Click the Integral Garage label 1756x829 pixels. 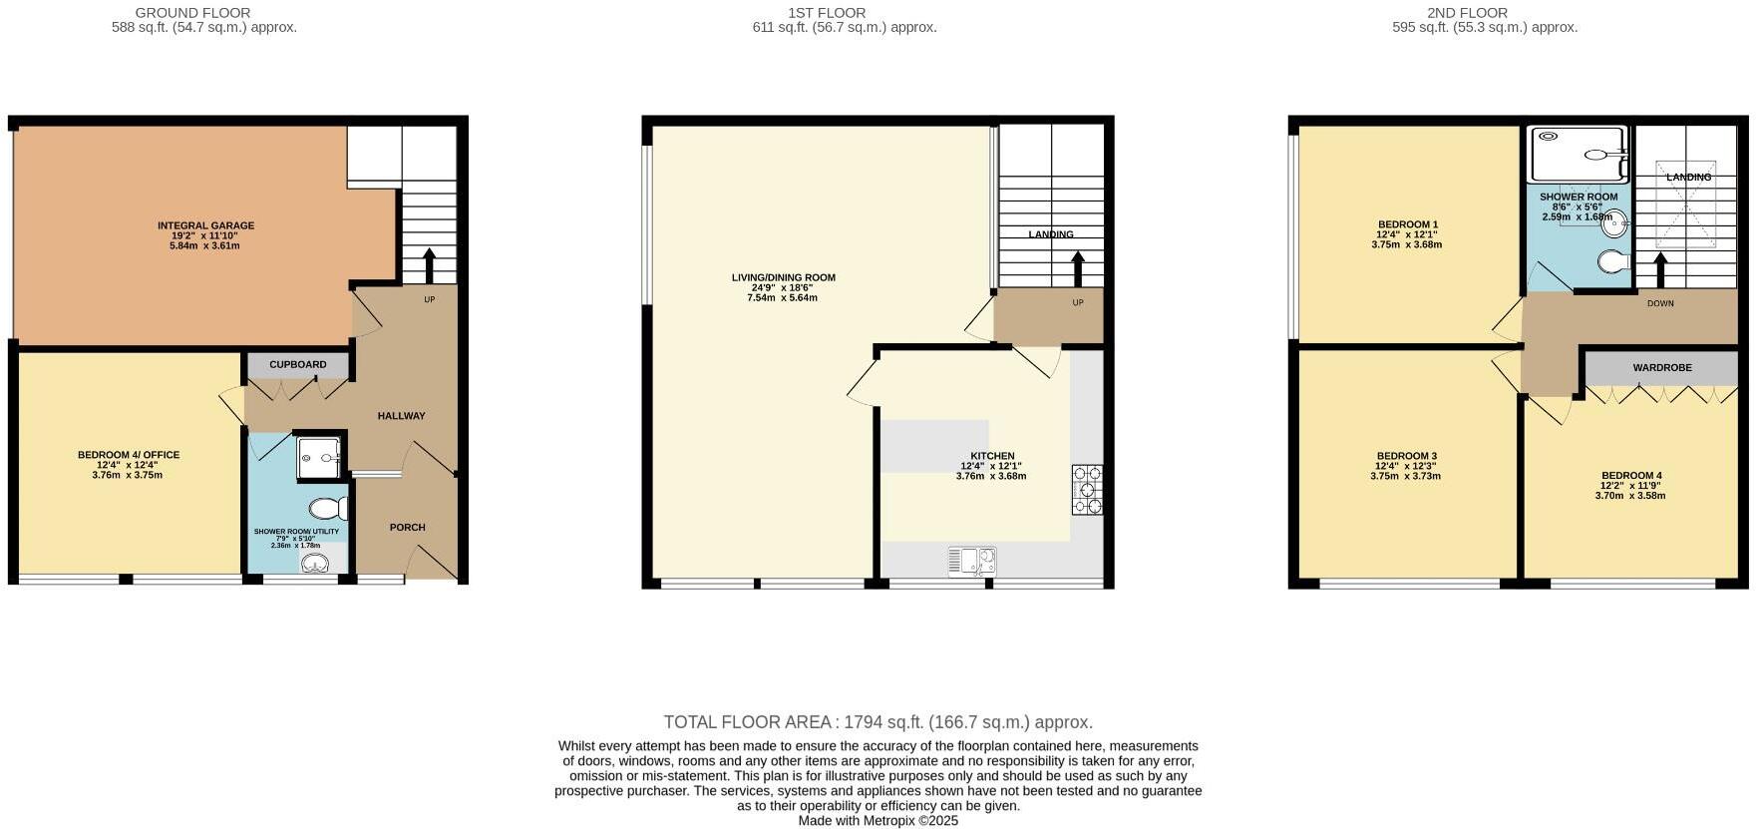[x=205, y=226]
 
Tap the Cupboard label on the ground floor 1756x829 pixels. [x=297, y=365]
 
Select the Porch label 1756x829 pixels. [x=407, y=528]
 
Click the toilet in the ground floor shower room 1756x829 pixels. [x=328, y=509]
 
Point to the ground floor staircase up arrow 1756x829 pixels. [x=430, y=265]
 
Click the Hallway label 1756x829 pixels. [x=401, y=416]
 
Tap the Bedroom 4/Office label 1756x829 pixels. [x=129, y=456]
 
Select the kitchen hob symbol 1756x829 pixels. [x=1087, y=490]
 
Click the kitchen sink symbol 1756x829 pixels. [x=972, y=562]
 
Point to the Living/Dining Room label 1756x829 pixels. [x=783, y=278]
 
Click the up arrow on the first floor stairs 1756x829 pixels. [x=1077, y=269]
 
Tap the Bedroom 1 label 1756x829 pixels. [x=1407, y=224]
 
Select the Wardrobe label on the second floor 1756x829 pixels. [x=1661, y=368]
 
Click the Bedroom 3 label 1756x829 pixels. [x=1406, y=456]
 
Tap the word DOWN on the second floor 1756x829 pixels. [x=1660, y=303]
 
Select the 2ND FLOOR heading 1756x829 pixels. [x=1466, y=13]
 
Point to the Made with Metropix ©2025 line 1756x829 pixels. [x=878, y=821]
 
